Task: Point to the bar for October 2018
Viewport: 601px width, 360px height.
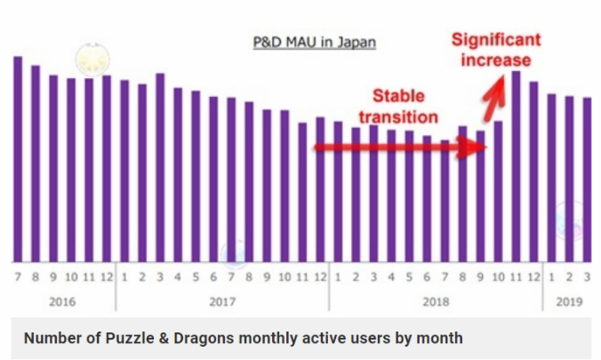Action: pos(498,190)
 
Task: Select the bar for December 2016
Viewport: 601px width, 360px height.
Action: pos(107,168)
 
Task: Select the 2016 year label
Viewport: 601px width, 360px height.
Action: pos(62,301)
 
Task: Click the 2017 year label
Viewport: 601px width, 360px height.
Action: pos(222,301)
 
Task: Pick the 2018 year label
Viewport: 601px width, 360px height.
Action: pos(436,301)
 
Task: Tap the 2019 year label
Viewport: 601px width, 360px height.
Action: pos(569,301)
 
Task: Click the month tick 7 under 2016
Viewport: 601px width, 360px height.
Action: pos(18,277)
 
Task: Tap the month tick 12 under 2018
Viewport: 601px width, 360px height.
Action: pos(533,277)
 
